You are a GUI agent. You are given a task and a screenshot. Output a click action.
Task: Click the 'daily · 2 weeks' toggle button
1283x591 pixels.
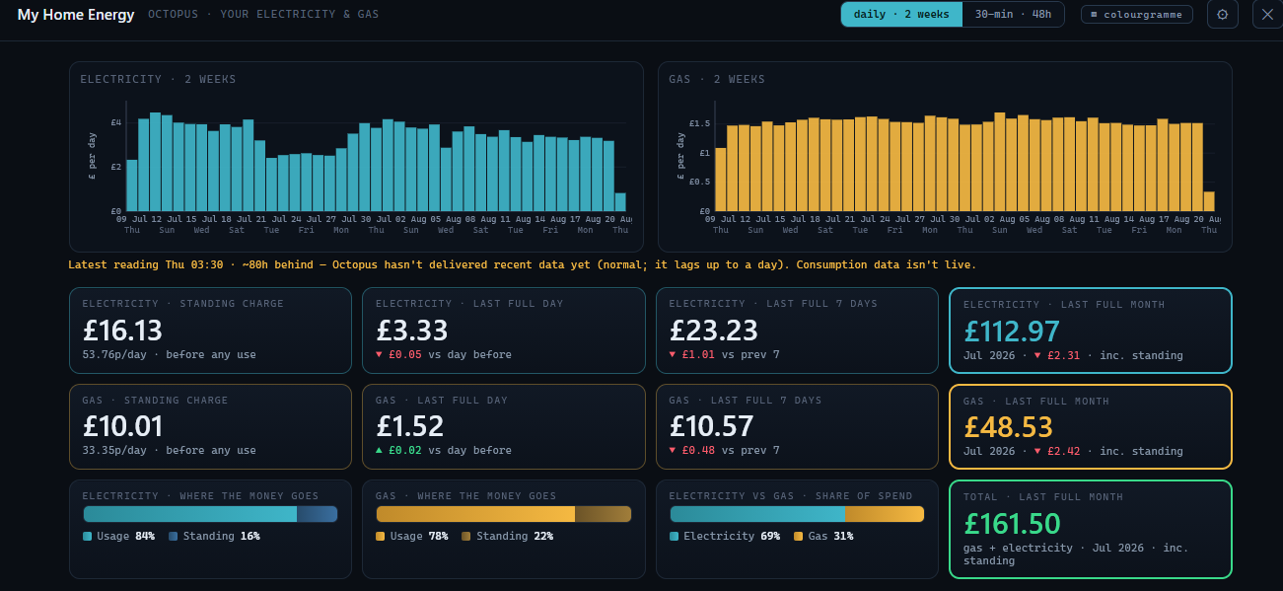click(x=901, y=15)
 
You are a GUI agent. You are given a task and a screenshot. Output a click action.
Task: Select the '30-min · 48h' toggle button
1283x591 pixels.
click(x=1013, y=15)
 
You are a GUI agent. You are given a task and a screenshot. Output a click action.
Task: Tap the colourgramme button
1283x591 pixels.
click(x=1137, y=15)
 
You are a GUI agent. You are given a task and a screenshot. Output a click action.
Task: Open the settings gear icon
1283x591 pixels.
click(x=1222, y=15)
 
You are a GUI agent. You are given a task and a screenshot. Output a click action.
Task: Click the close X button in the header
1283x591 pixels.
click(x=1267, y=15)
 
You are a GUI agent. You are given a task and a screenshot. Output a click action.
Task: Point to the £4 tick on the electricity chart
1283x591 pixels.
click(x=115, y=122)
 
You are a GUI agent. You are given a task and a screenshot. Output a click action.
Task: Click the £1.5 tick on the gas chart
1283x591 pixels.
click(x=699, y=123)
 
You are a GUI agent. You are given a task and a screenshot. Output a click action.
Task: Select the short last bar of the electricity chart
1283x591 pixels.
click(x=620, y=202)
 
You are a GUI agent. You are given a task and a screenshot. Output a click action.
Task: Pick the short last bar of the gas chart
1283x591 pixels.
click(x=1209, y=201)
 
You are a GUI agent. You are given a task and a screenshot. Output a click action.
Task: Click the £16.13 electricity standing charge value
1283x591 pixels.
click(x=122, y=331)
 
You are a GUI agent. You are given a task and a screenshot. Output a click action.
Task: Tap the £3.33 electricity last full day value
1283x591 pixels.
click(x=412, y=331)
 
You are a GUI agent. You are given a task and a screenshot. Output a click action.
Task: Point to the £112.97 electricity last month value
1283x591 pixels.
click(x=1012, y=332)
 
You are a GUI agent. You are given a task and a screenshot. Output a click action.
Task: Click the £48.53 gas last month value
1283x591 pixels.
click(x=1008, y=427)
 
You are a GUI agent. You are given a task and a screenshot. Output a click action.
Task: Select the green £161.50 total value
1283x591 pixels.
click(x=1012, y=523)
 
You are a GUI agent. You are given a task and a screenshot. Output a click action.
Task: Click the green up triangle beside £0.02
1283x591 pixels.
click(x=379, y=451)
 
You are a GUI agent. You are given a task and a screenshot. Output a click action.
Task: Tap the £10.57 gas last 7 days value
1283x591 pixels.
click(x=711, y=426)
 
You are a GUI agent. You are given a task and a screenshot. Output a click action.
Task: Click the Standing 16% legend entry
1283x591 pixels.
click(x=214, y=536)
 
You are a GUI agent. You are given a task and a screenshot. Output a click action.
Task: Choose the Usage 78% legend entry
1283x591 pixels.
click(x=412, y=536)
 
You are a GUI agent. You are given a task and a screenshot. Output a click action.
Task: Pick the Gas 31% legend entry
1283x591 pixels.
click(x=823, y=536)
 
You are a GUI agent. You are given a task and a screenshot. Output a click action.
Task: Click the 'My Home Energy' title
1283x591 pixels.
click(x=76, y=15)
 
